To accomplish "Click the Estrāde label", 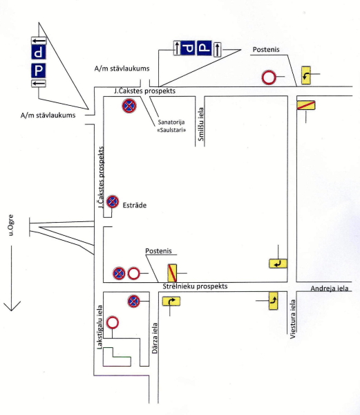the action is click(134, 205).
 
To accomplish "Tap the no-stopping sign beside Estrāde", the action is click(113, 202).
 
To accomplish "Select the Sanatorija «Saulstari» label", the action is click(171, 126).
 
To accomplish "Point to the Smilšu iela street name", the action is click(201, 124).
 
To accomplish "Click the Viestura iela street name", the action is click(292, 319).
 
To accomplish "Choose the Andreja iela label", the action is click(330, 288).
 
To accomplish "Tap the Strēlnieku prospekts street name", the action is click(195, 286).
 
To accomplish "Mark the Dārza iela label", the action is click(155, 338).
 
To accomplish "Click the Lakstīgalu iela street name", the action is click(100, 327).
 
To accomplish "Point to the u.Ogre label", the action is click(10, 225).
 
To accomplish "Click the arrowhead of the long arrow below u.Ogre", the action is click(12, 311).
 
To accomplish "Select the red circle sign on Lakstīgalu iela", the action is click(113, 322).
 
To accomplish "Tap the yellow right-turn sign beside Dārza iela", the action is click(171, 301).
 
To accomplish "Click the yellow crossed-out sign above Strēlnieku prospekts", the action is click(172, 273).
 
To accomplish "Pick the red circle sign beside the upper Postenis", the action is click(269, 77).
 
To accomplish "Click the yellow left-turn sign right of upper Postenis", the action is click(306, 75).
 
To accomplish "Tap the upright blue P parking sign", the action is click(39, 71).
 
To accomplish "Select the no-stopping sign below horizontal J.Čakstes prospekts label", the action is click(129, 106).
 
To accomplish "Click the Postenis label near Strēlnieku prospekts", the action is click(158, 251).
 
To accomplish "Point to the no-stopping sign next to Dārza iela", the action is click(133, 301).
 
